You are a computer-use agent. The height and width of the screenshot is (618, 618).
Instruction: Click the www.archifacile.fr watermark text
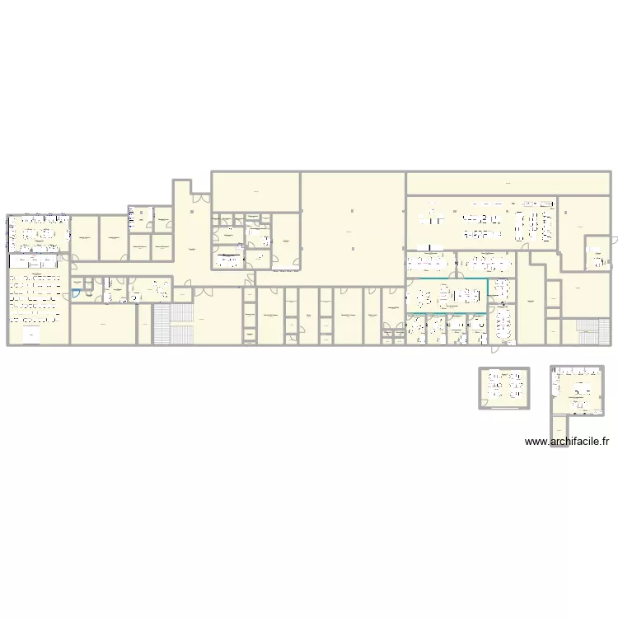[x=568, y=442]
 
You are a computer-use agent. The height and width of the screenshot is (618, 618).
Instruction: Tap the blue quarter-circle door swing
[x=76, y=292]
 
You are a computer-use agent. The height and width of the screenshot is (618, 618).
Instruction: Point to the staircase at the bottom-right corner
[x=587, y=332]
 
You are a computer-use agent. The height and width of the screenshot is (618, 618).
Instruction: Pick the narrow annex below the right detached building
[x=560, y=428]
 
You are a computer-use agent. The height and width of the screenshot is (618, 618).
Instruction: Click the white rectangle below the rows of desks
[x=32, y=335]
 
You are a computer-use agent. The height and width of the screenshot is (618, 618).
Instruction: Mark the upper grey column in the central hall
[x=352, y=212]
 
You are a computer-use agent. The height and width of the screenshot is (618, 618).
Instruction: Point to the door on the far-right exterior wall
[x=612, y=239]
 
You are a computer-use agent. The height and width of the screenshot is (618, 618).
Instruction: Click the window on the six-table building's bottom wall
[x=504, y=407]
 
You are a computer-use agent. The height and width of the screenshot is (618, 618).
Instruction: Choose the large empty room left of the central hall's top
[x=255, y=191]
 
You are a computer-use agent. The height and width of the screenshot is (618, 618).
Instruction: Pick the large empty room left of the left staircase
[x=102, y=324]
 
